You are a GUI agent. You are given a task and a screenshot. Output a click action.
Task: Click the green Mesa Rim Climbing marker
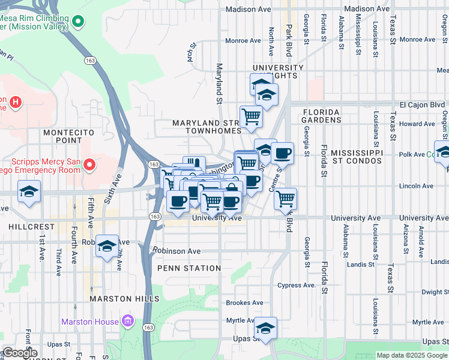(x=77, y=23)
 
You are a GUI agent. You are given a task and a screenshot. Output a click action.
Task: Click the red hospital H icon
(x=16, y=103)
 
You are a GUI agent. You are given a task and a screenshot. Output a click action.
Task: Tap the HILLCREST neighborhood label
(x=23, y=227)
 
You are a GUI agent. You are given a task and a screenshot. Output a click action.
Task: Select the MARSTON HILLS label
(x=124, y=298)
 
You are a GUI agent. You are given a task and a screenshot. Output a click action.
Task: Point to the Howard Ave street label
(x=417, y=124)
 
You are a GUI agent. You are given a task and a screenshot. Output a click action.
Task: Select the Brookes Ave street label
(x=244, y=303)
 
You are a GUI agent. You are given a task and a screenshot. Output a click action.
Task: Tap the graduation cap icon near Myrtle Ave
(x=265, y=328)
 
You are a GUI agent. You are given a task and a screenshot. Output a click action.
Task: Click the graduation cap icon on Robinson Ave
(x=107, y=246)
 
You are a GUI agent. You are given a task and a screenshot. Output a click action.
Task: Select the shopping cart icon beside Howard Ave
(x=251, y=116)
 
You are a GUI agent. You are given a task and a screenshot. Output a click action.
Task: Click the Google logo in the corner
(x=19, y=353)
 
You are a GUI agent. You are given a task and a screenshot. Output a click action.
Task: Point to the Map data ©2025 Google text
(x=411, y=355)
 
